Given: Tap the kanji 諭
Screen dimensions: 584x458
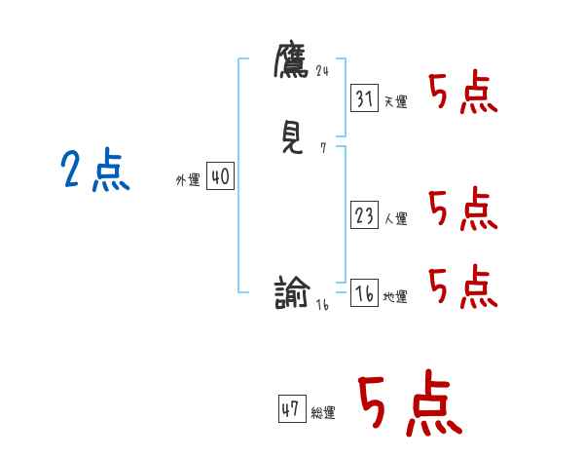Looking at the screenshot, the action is [292, 292].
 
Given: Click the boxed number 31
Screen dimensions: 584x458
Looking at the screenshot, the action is [364, 99].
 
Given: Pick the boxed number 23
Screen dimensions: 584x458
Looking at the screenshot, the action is [364, 216].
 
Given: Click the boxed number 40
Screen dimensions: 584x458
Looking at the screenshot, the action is [220, 177].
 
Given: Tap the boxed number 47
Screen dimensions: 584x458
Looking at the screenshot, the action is [291, 409].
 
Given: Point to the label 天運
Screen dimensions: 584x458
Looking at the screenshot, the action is [395, 102].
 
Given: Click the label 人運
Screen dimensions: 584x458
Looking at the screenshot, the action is [395, 219].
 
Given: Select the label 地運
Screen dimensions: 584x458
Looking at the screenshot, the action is [395, 297].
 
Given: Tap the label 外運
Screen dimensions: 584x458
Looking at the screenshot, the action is [188, 180].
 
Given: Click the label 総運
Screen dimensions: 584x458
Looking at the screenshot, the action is [323, 413].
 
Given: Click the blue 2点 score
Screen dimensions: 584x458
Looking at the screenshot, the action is [94, 172].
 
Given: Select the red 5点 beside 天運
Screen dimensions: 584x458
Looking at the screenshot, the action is [463, 95].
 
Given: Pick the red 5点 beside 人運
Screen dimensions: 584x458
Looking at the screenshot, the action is [463, 210].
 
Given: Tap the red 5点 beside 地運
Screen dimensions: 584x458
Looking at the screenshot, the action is [463, 286].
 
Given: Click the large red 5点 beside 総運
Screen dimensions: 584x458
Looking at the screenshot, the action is [409, 404].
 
